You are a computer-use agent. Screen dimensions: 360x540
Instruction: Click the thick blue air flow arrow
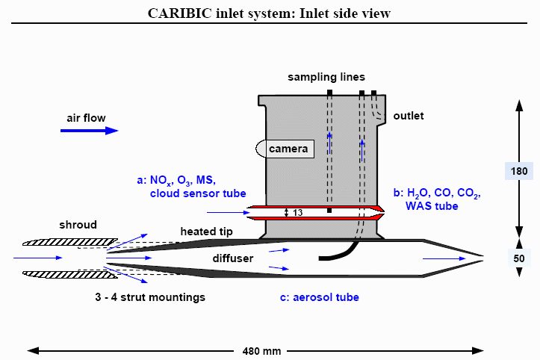click(x=90, y=131)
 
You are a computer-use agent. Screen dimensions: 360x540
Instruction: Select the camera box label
click(x=288, y=149)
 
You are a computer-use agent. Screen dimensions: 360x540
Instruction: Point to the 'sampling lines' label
click(x=327, y=78)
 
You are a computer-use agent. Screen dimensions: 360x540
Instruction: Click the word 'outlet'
click(x=408, y=116)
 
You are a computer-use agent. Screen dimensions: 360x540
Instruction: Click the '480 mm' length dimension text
click(x=262, y=350)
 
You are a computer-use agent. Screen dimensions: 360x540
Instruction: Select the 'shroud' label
click(x=78, y=225)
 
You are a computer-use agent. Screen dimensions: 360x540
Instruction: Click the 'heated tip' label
click(x=206, y=232)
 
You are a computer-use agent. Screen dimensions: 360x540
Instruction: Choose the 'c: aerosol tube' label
click(x=319, y=297)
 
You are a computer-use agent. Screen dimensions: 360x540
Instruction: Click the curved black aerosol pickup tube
click(x=340, y=254)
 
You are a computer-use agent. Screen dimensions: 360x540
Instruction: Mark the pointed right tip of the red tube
click(x=382, y=213)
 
